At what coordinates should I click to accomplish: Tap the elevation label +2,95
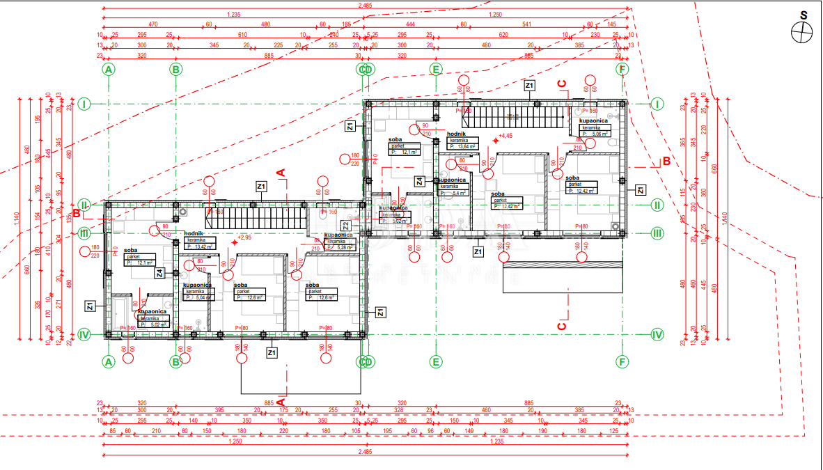click(244, 237)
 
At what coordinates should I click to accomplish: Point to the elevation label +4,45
click(505, 136)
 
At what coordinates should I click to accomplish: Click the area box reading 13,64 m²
click(463, 146)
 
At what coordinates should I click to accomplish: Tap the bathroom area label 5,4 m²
click(453, 193)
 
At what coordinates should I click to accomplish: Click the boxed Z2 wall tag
click(346, 226)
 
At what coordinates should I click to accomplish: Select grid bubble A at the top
click(108, 69)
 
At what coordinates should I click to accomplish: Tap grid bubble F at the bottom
click(622, 361)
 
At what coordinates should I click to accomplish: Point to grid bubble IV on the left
click(84, 334)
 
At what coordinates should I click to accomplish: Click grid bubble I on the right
click(657, 104)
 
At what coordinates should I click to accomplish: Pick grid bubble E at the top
click(435, 69)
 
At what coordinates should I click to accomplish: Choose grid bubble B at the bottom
click(176, 361)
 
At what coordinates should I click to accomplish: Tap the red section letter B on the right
click(666, 162)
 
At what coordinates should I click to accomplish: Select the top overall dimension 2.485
click(365, 6)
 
